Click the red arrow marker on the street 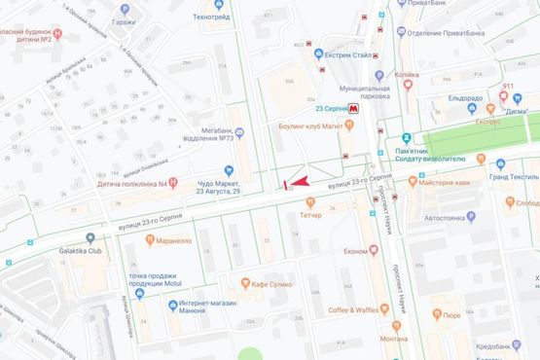pos(298,181)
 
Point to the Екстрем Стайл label pos(351,55)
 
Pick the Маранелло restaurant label pos(171,240)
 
